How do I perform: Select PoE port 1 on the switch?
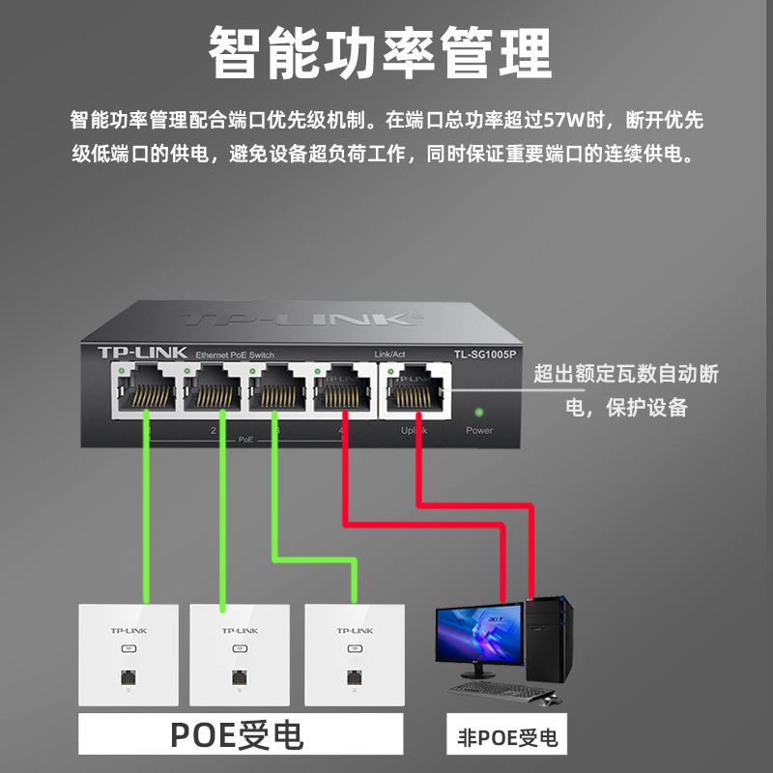(x=146, y=389)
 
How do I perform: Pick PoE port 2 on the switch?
(x=213, y=389)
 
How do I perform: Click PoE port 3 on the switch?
(x=279, y=389)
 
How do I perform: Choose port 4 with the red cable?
(x=344, y=389)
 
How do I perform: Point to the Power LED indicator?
(x=478, y=411)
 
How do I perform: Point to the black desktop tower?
(x=550, y=642)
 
